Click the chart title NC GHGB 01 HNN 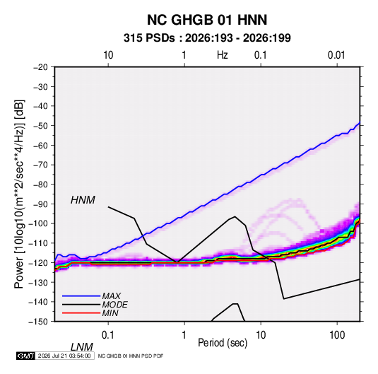207,20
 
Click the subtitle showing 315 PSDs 207,38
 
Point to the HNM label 83,200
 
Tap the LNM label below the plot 82,347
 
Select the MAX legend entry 112,296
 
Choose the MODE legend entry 114,305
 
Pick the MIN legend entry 110,313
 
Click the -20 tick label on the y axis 40,67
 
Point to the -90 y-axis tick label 40,204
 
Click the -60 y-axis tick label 40,145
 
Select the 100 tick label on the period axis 337,334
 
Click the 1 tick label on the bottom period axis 184,334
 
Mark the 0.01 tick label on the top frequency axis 336,55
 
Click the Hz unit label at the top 223,55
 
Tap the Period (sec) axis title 223,343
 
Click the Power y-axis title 19,194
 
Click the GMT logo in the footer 25,356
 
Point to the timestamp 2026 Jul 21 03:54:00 64,356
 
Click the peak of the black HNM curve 235,216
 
